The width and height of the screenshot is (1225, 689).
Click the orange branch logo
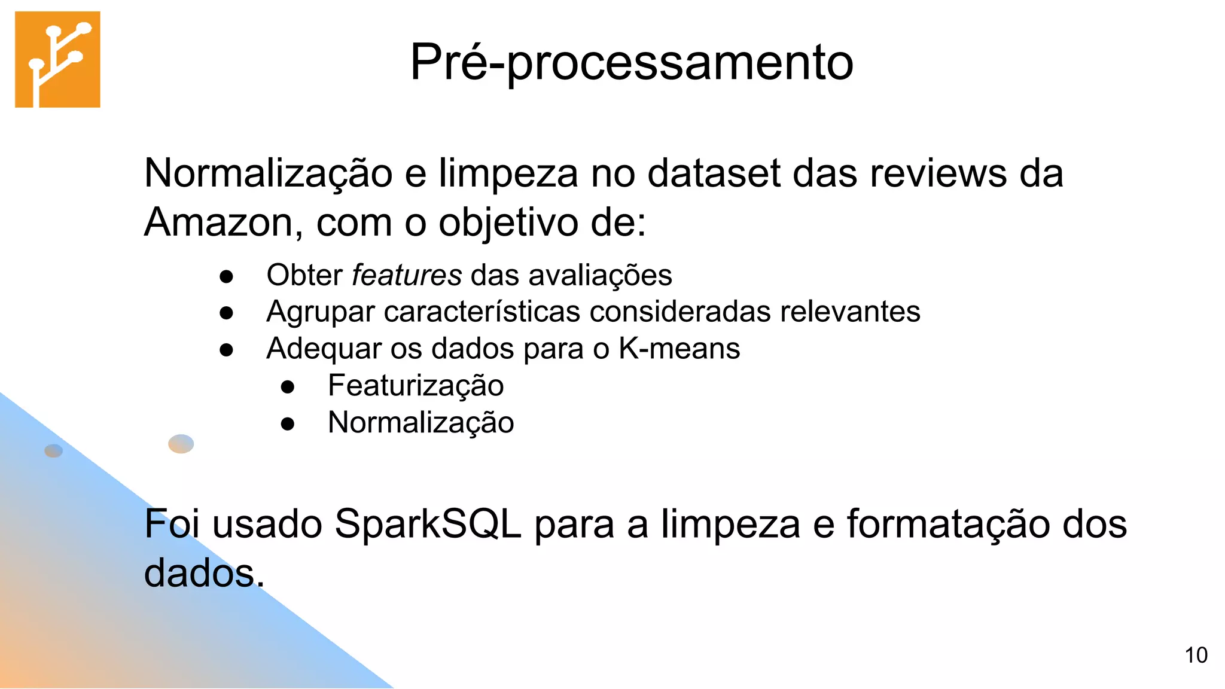(x=57, y=59)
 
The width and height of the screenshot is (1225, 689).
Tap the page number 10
(x=1196, y=656)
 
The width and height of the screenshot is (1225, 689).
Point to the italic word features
(x=407, y=275)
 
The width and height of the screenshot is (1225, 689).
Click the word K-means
(x=679, y=348)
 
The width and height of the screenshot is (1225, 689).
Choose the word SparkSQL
(x=428, y=524)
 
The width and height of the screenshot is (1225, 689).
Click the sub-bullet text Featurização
(x=416, y=385)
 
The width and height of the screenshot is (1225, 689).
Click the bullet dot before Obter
(x=226, y=276)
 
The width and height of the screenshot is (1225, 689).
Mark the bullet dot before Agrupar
(x=226, y=313)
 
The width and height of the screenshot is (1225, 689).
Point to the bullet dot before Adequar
(x=226, y=350)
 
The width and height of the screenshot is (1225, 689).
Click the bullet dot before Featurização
(x=288, y=387)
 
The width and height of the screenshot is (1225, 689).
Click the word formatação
(x=948, y=524)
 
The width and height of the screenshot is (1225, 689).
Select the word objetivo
(x=509, y=222)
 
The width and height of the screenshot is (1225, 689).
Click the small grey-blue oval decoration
(x=54, y=450)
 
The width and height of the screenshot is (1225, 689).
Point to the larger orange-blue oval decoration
(x=181, y=444)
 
